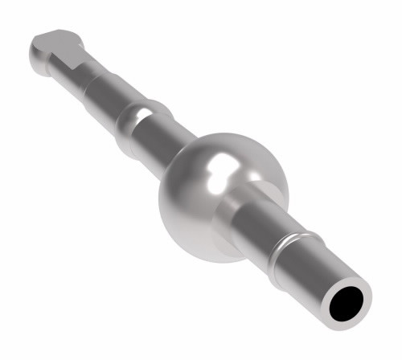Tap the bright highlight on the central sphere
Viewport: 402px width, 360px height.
(x=219, y=170)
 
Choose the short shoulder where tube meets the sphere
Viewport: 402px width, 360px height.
(x=240, y=202)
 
